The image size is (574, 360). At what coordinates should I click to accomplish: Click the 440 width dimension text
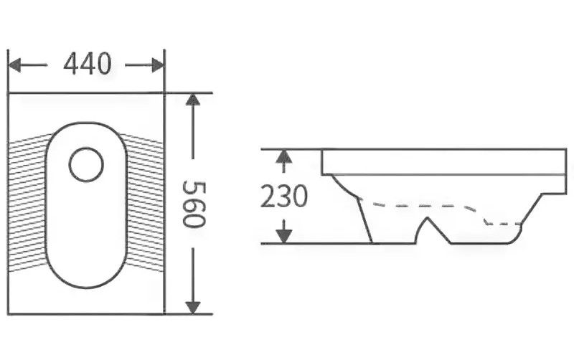(87, 64)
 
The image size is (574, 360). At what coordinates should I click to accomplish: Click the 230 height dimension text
(284, 196)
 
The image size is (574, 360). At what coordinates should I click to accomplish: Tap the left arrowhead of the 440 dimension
(14, 65)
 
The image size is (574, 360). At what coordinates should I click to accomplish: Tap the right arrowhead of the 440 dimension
(157, 65)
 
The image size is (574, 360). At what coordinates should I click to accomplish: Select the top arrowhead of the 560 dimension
(192, 100)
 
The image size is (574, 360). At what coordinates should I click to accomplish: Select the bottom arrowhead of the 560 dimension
(192, 308)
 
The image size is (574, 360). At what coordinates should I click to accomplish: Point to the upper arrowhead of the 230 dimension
(284, 156)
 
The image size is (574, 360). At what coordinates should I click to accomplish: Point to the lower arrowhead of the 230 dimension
(284, 237)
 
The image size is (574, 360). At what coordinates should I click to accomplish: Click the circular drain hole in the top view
(86, 165)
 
